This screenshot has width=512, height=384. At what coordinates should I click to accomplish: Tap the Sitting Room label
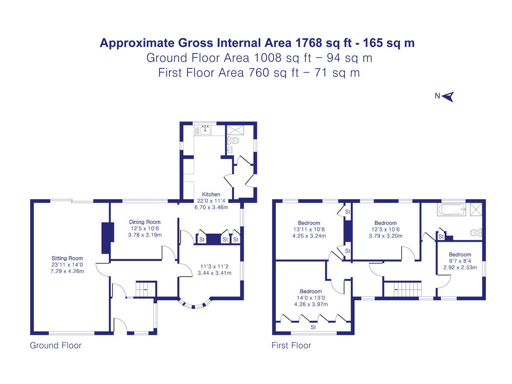[67, 258]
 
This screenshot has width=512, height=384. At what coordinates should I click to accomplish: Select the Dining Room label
[145, 222]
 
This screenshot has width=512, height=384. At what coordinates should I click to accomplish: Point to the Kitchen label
[212, 195]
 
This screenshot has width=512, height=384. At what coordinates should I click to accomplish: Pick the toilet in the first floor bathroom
[475, 233]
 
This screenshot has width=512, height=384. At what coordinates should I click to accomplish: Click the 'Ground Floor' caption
[55, 345]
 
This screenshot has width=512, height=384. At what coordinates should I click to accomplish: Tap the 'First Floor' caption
[291, 345]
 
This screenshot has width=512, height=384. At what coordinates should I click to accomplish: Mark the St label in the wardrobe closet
[313, 327]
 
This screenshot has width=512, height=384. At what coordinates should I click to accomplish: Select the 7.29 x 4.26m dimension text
[67, 271]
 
